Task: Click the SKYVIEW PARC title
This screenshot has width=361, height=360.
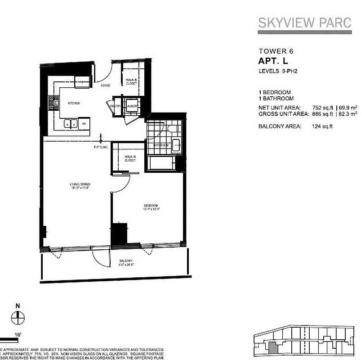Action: (304, 23)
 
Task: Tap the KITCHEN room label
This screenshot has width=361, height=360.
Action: (73, 103)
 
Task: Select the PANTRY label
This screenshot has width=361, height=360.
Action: (115, 106)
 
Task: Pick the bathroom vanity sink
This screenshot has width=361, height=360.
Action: (176, 145)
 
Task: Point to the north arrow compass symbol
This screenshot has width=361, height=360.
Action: (18, 316)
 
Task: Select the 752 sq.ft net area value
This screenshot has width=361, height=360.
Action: (322, 108)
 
